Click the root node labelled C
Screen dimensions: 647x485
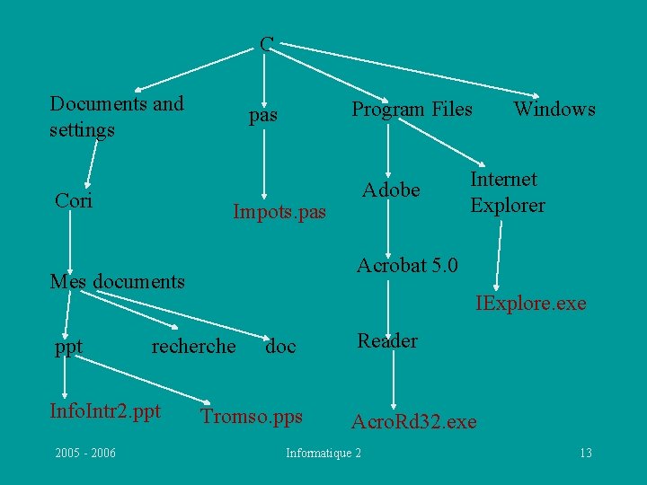[267, 43]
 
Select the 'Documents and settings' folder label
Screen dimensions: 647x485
[117, 117]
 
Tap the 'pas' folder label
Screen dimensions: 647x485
[263, 116]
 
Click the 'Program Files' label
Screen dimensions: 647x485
[412, 110]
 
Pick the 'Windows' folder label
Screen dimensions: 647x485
[554, 110]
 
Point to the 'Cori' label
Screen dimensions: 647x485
[74, 199]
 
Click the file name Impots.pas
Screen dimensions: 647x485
[279, 213]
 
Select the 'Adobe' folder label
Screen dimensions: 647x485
[391, 190]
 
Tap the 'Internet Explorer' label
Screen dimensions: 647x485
[508, 192]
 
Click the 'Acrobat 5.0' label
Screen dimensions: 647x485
[407, 266]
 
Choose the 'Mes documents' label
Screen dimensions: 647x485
[117, 282]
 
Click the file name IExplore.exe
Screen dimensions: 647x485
[530, 304]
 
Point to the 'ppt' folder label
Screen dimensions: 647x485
[69, 347]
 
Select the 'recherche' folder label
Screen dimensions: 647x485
[194, 347]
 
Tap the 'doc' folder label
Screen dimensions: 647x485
[280, 347]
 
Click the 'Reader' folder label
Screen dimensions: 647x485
[387, 340]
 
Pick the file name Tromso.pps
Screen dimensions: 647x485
[253, 416]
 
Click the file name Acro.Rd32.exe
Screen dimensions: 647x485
[413, 421]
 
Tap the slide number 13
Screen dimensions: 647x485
[585, 453]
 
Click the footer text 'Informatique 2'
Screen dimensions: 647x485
[323, 453]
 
